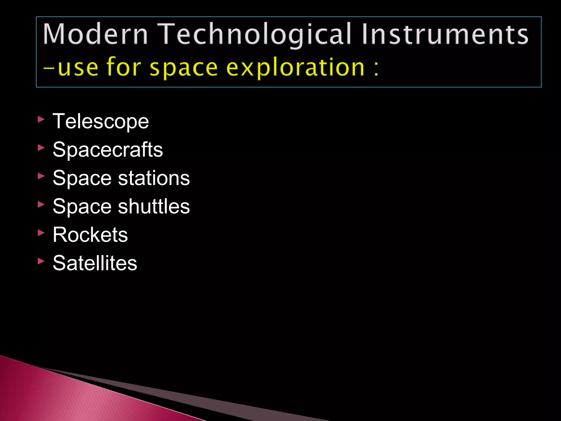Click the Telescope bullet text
coord(101,121)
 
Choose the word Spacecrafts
coord(108,150)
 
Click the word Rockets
coord(90,235)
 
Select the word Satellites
coord(95,263)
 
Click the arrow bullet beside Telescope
coord(41,119)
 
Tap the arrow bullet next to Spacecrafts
coord(41,148)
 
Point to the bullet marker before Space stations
coord(41,176)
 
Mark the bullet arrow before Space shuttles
coord(41,204)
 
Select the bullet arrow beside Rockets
coord(41,233)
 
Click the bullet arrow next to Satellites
coord(41,261)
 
